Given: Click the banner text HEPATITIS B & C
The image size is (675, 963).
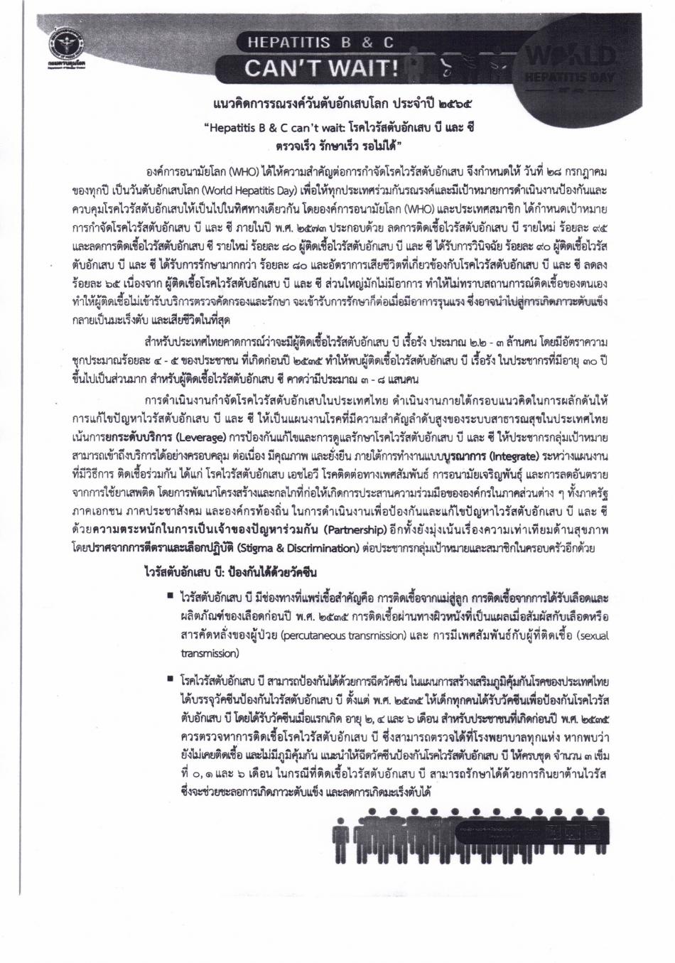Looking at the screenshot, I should tap(320, 43).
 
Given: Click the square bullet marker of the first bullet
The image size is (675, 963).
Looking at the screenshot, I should tap(171, 591).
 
